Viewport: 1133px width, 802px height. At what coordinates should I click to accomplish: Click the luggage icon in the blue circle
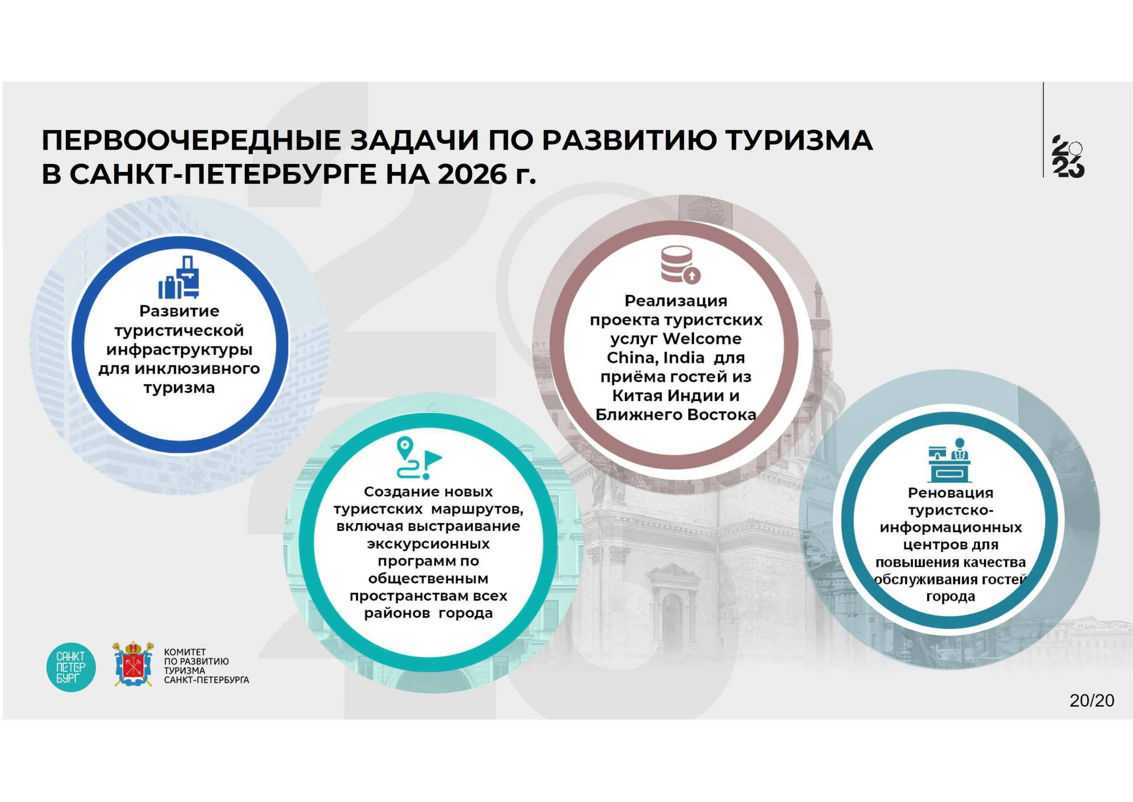[x=179, y=277]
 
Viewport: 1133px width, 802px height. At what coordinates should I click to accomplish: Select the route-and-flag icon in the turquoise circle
[x=419, y=458]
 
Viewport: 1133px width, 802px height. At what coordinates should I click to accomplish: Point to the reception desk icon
[x=950, y=460]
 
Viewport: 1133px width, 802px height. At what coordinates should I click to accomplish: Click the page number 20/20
[x=1092, y=700]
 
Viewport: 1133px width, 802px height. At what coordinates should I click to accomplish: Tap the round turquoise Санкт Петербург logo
[x=71, y=667]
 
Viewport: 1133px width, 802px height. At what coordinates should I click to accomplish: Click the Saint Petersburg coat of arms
[x=133, y=664]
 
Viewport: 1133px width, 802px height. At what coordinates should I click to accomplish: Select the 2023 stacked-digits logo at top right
[x=1068, y=156]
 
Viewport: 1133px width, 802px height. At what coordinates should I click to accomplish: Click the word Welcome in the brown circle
[x=702, y=339]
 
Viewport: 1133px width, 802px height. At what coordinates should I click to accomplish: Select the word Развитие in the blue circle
[x=179, y=311]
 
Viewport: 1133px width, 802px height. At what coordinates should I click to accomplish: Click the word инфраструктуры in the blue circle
[x=179, y=350]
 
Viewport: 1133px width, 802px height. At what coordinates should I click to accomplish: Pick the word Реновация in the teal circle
[x=950, y=492]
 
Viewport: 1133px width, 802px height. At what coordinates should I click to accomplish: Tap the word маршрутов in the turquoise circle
[x=477, y=509]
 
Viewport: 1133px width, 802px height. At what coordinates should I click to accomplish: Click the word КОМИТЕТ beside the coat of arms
[x=185, y=652]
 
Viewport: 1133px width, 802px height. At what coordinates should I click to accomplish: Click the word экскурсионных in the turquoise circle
[x=428, y=544]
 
